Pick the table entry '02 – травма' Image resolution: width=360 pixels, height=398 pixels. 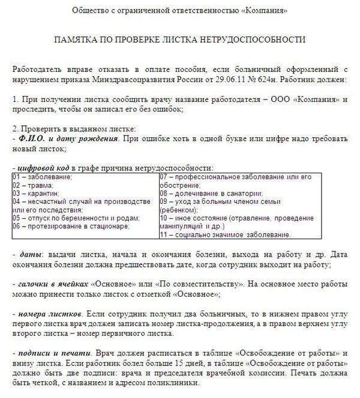point(33,186)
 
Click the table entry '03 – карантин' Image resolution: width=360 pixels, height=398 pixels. point(36,194)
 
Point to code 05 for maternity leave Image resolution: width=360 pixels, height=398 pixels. point(17,218)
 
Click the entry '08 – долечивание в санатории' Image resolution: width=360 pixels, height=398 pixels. point(211,194)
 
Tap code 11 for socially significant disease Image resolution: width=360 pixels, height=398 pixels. point(164,235)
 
